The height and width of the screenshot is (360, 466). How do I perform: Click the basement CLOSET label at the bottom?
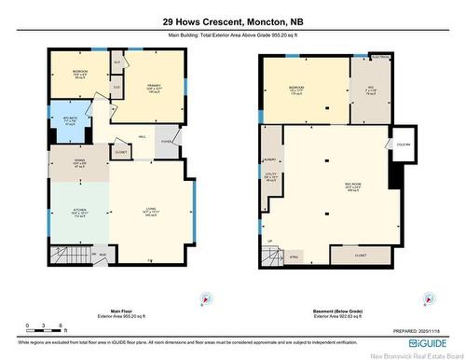click(361, 254)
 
